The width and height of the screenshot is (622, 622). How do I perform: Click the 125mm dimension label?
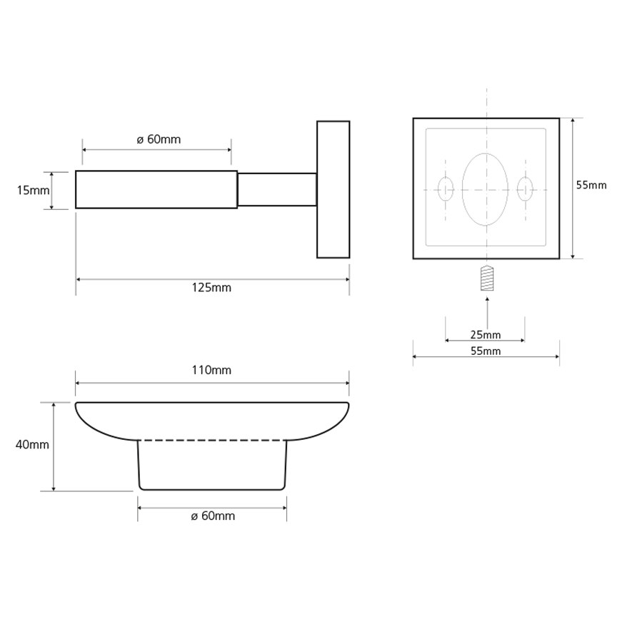(211, 288)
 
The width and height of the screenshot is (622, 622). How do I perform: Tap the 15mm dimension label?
(34, 191)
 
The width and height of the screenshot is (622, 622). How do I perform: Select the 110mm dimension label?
(211, 370)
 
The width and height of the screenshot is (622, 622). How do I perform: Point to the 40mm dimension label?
(32, 445)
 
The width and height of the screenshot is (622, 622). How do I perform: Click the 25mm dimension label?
(486, 335)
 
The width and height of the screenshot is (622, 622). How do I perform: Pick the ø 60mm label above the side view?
(159, 140)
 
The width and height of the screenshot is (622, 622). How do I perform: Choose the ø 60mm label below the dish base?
(213, 516)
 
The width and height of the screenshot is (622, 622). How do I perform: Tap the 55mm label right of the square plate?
(591, 185)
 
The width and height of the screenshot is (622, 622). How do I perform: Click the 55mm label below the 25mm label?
(486, 351)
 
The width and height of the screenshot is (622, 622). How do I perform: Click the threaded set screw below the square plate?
(487, 278)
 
